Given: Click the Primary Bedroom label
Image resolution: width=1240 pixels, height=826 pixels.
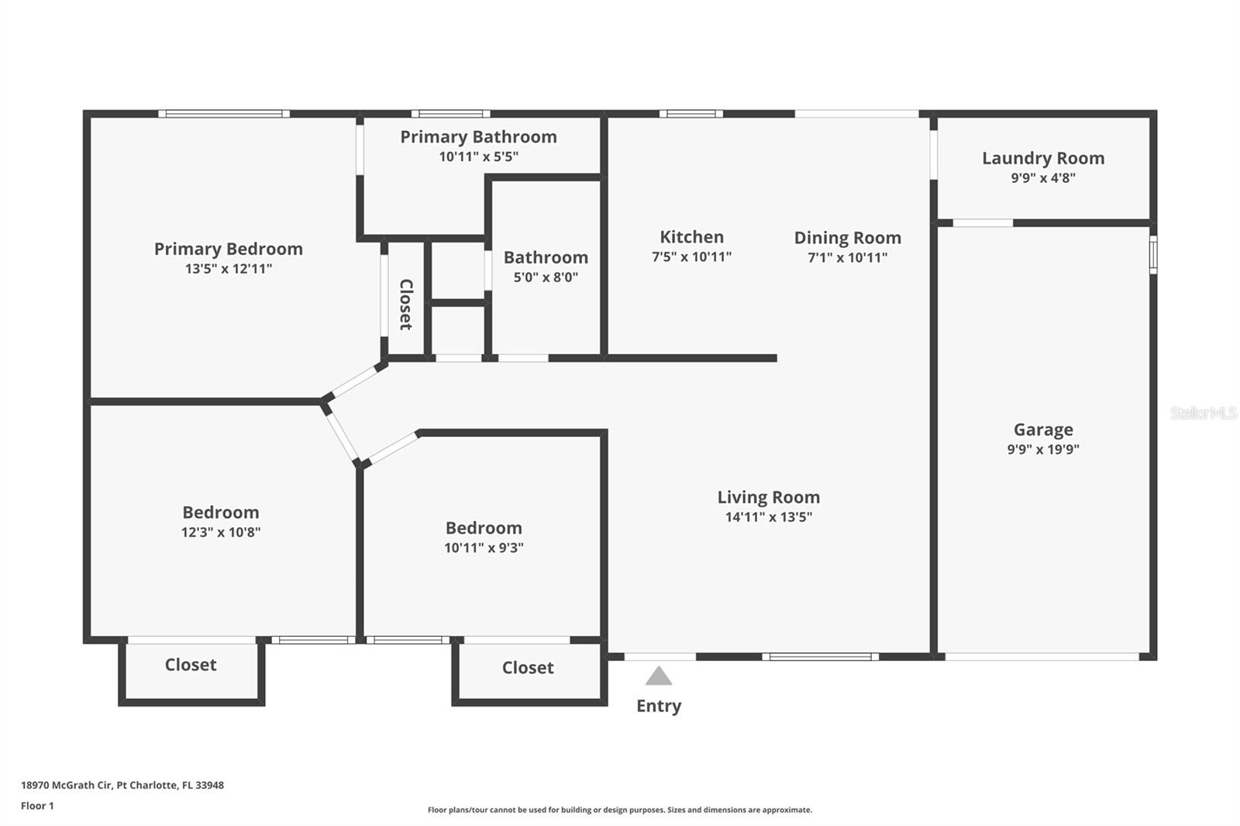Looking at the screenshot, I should pyautogui.click(x=228, y=249).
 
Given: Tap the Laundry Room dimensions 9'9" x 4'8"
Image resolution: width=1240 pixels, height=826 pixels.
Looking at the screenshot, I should pyautogui.click(x=1042, y=177).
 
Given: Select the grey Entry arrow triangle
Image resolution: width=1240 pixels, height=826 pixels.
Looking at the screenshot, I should pyautogui.click(x=659, y=676).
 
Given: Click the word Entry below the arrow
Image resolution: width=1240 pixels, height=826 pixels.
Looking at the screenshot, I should pyautogui.click(x=659, y=706).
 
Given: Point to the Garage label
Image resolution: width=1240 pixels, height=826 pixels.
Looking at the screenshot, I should pyautogui.click(x=1043, y=429).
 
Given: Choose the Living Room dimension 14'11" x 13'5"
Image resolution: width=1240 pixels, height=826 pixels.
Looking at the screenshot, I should pyautogui.click(x=768, y=517).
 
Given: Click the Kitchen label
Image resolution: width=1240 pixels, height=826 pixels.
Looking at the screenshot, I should pyautogui.click(x=691, y=237).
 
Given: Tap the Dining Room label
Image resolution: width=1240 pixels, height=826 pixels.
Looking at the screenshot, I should pyautogui.click(x=847, y=238).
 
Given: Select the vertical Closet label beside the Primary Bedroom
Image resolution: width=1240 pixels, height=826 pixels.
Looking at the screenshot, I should pyautogui.click(x=405, y=305).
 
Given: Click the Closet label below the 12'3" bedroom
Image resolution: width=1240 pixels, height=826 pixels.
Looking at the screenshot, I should pyautogui.click(x=191, y=665).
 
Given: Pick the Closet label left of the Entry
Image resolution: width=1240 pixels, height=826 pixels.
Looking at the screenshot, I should pyautogui.click(x=528, y=668).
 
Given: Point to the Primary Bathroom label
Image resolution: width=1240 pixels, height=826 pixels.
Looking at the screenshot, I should pyautogui.click(x=478, y=137).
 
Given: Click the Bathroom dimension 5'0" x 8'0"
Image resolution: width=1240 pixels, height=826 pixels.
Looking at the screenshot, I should pyautogui.click(x=546, y=277).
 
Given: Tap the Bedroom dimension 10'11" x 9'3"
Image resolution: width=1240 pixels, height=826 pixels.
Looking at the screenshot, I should pyautogui.click(x=484, y=548).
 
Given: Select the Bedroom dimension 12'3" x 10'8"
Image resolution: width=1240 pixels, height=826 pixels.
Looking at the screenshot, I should pyautogui.click(x=221, y=532).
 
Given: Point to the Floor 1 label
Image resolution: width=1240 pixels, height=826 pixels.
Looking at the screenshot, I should pyautogui.click(x=37, y=806).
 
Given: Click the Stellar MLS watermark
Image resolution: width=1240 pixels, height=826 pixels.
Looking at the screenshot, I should pyautogui.click(x=1203, y=413).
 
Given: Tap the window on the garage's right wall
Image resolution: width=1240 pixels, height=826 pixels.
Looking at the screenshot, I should pyautogui.click(x=1152, y=254).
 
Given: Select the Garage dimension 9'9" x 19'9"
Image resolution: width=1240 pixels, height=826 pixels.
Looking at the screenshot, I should pyautogui.click(x=1043, y=449).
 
